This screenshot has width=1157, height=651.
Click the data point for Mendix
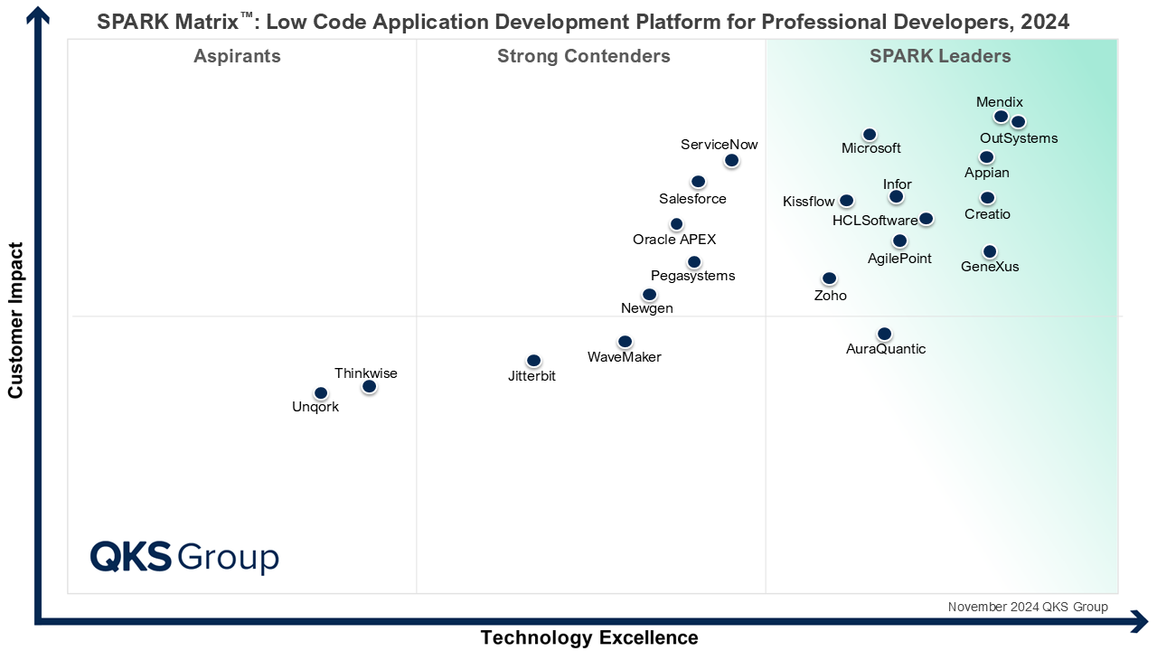pyautogui.click(x=1001, y=117)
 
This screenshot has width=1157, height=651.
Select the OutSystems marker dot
pyautogui.click(x=1018, y=122)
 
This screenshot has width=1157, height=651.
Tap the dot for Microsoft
pyautogui.click(x=870, y=135)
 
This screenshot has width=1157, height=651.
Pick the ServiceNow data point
pyautogui.click(x=731, y=161)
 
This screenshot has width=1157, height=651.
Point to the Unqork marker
pyautogui.click(x=320, y=393)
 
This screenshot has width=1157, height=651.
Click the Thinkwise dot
pyautogui.click(x=369, y=387)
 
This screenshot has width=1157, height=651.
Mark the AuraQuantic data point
pyautogui.click(x=884, y=335)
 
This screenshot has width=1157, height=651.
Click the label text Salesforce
pyautogui.click(x=692, y=199)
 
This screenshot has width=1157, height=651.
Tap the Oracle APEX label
pyautogui.click(x=674, y=240)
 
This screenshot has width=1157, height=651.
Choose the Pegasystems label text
pyautogui.click(x=692, y=276)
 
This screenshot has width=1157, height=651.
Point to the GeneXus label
pyautogui.click(x=990, y=267)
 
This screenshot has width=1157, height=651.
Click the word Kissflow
pyautogui.click(x=809, y=202)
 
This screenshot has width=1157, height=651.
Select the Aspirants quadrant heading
pyautogui.click(x=237, y=57)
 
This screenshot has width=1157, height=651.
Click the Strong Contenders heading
pyautogui.click(x=584, y=57)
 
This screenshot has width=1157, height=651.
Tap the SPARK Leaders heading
pyautogui.click(x=940, y=57)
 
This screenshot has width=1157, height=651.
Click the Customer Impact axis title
pyautogui.click(x=15, y=319)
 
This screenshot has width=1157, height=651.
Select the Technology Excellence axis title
pyautogui.click(x=589, y=637)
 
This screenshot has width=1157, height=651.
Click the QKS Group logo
pyautogui.click(x=184, y=557)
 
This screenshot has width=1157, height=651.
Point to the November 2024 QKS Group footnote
pyautogui.click(x=1028, y=607)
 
